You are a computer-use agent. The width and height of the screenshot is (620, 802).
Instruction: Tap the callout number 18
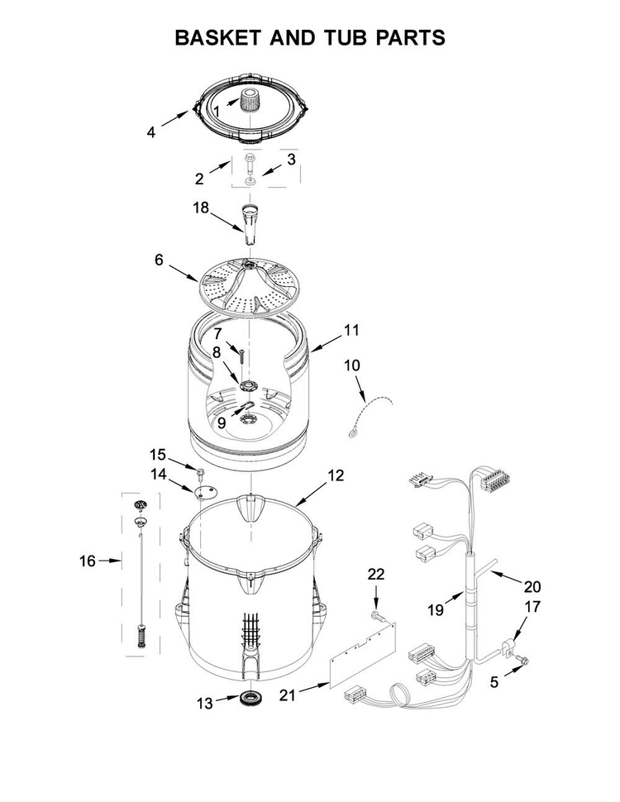(x=201, y=208)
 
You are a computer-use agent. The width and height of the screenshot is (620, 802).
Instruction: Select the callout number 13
(x=205, y=704)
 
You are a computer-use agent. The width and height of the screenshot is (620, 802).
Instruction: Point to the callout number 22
(x=376, y=574)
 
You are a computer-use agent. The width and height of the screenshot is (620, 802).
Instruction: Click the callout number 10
(x=352, y=365)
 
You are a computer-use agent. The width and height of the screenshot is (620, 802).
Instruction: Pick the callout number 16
(x=88, y=561)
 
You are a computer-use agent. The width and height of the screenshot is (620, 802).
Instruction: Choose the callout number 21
(x=288, y=695)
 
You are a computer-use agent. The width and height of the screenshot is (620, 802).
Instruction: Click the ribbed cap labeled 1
(x=248, y=98)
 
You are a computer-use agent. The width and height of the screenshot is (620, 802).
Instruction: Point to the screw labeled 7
(x=241, y=352)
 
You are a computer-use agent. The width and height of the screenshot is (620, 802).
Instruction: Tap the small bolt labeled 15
(x=201, y=471)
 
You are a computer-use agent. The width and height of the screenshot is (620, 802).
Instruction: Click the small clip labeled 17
(x=508, y=647)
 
